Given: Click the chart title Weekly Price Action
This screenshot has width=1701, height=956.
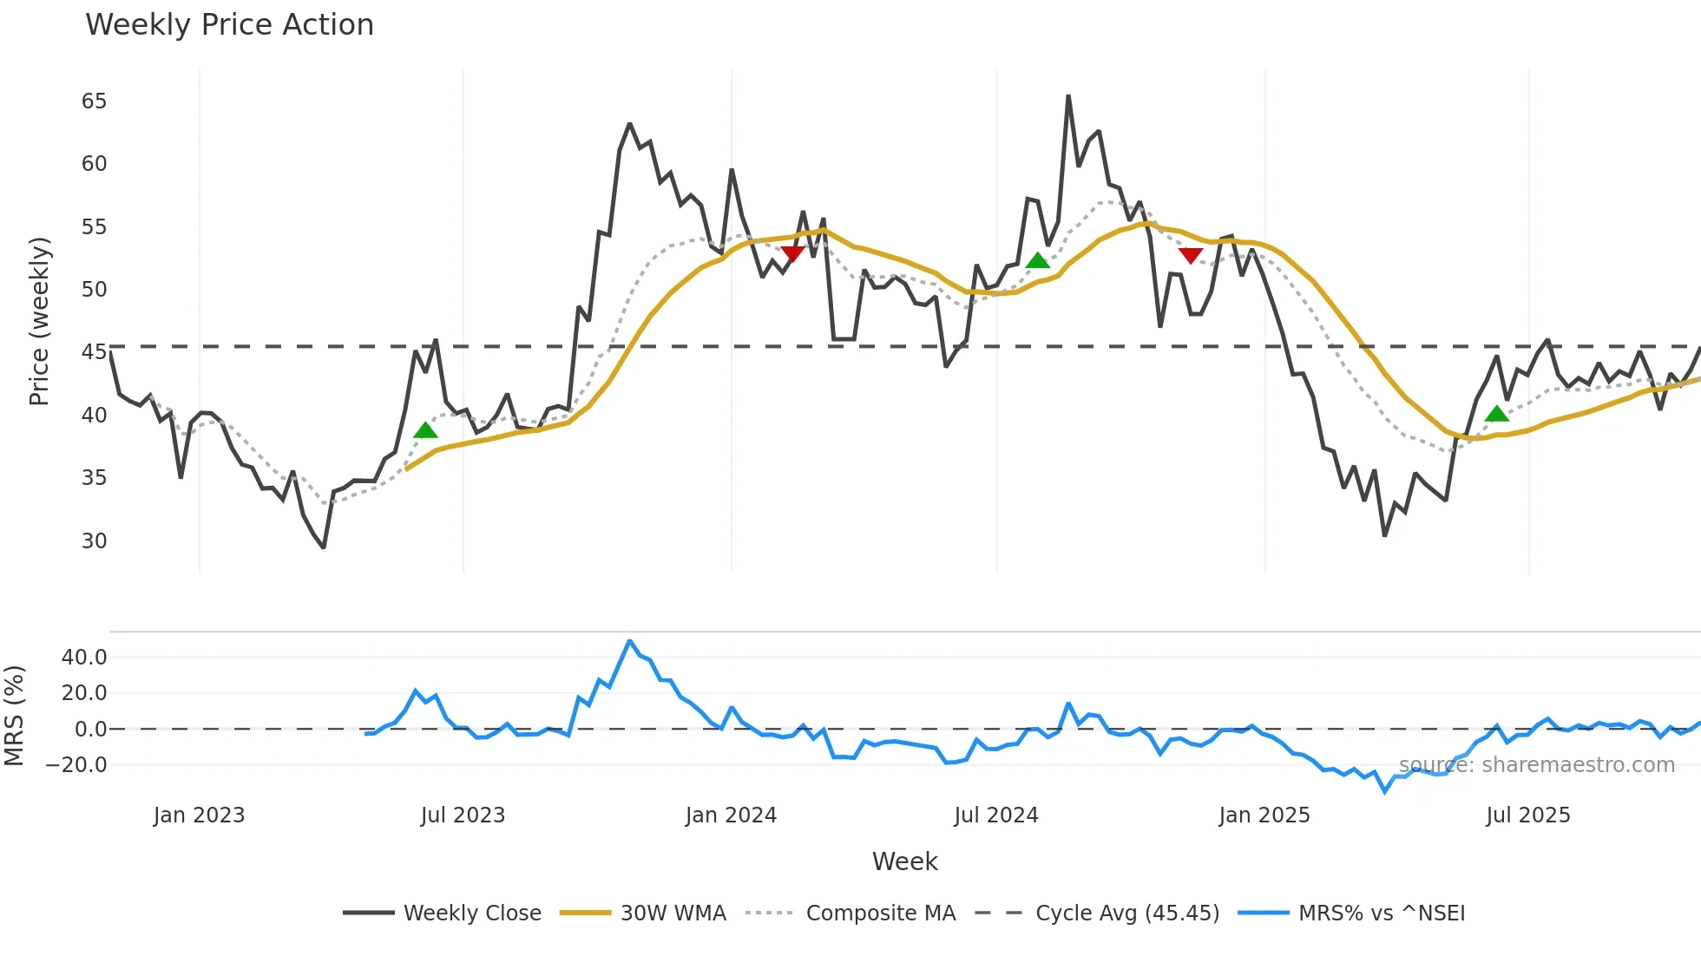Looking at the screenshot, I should (x=229, y=25).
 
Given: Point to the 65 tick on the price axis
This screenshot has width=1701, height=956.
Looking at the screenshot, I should (x=95, y=101).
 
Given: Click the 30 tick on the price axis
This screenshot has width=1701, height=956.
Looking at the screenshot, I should (x=95, y=541).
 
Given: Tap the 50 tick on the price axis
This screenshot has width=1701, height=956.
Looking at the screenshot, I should (x=95, y=290).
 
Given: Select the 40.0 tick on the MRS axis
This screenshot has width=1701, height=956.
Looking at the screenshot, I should (x=85, y=658).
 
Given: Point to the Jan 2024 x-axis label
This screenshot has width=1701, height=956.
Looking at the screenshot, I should (x=731, y=815).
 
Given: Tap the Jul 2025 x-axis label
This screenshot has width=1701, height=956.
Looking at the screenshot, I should (x=1527, y=815).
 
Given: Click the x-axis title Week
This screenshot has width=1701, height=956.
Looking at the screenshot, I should (x=904, y=861).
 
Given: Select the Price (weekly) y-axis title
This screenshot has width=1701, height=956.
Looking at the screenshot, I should (x=39, y=321).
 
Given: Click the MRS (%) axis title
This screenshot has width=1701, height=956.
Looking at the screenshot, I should (x=14, y=716).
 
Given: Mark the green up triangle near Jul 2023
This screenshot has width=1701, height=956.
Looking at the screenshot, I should (x=425, y=430).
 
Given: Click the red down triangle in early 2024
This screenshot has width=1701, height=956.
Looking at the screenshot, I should (x=792, y=253).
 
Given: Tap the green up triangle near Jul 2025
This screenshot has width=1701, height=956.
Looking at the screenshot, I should (x=1496, y=414).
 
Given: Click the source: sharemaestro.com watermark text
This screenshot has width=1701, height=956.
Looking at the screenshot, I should (x=1536, y=765).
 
